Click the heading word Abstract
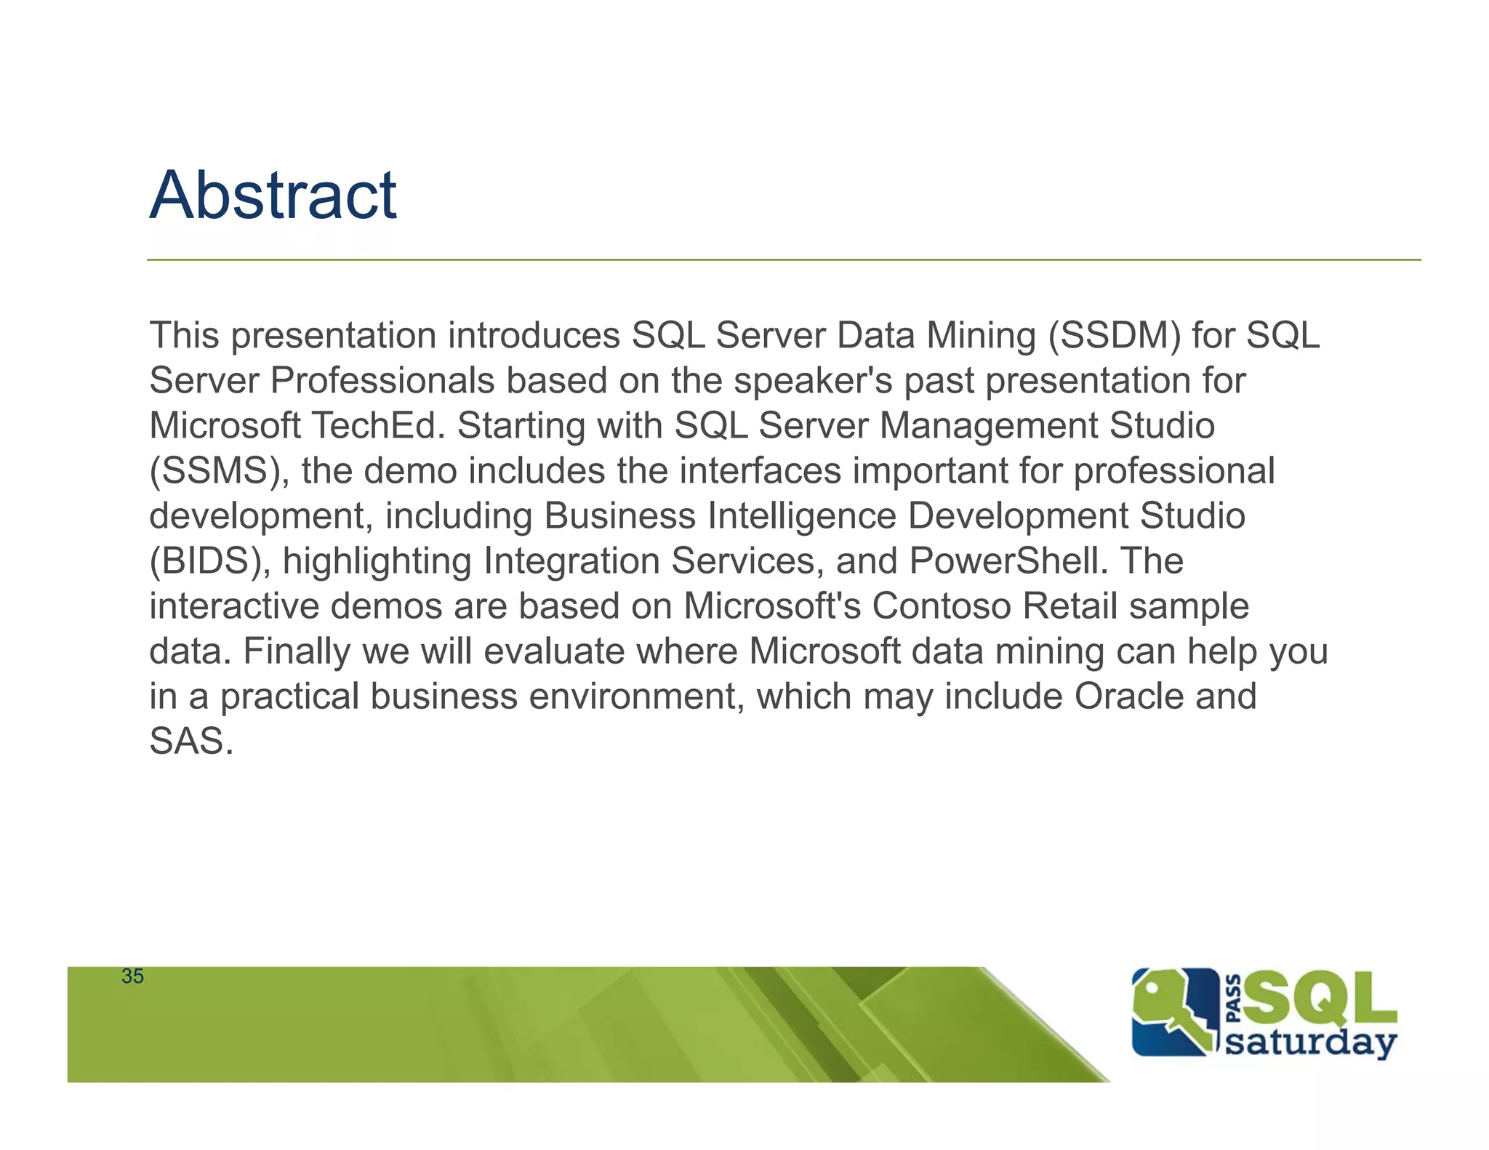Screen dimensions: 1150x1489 [x=273, y=195]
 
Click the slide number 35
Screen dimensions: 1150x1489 [x=132, y=976]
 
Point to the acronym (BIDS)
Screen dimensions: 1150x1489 [x=210, y=561]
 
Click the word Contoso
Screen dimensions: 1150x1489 [x=942, y=606]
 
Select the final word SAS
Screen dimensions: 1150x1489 [x=190, y=741]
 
